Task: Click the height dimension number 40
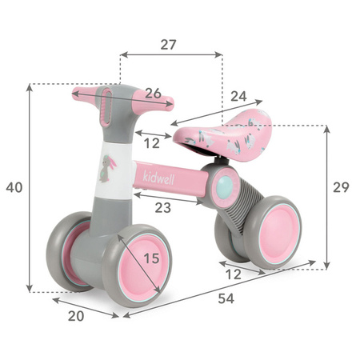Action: click(x=14, y=187)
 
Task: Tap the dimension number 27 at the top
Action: click(x=168, y=45)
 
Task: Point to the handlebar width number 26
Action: click(x=153, y=94)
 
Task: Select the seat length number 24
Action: click(x=216, y=95)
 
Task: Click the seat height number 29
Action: click(x=341, y=187)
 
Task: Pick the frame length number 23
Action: click(x=163, y=207)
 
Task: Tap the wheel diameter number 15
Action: click(x=151, y=258)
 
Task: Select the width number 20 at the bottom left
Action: click(x=76, y=315)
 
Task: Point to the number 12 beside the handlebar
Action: click(x=151, y=143)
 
